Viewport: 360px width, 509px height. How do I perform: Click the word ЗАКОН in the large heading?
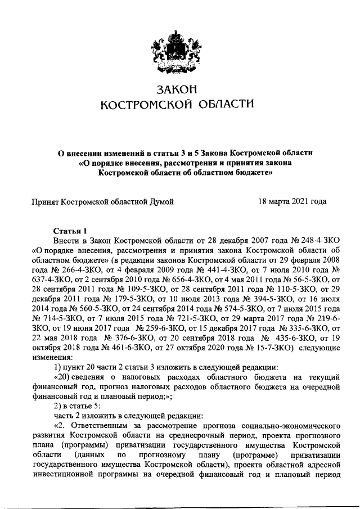click(x=177, y=89)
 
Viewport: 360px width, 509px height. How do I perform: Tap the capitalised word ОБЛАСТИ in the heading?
click(x=223, y=104)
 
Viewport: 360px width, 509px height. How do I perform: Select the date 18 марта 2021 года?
click(x=292, y=201)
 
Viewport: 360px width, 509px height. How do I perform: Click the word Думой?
click(x=160, y=201)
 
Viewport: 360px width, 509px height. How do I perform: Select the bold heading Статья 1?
click(x=70, y=231)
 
